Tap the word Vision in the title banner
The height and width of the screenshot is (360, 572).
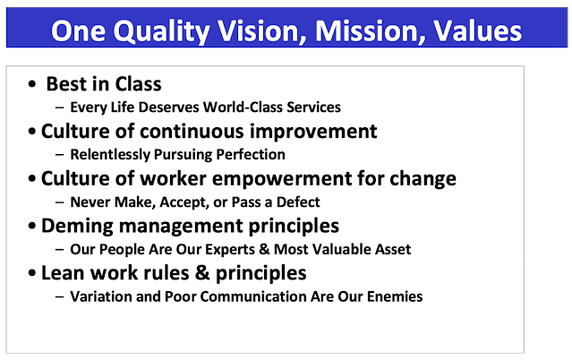tap(262, 31)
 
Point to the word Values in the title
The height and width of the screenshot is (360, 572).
tap(478, 30)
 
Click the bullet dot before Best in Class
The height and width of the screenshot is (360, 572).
tap(32, 84)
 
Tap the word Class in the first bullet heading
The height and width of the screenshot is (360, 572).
tap(138, 84)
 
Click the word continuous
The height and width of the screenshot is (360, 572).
tap(192, 131)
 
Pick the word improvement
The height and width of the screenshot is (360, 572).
tap(313, 131)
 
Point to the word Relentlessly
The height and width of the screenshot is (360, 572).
tap(110, 154)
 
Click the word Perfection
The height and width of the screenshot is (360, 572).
tap(251, 154)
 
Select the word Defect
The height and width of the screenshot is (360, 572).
tap(298, 201)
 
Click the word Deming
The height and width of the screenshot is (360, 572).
tap(77, 226)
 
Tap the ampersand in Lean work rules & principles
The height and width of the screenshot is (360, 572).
tap(202, 273)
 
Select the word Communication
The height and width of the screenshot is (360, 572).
tap(252, 296)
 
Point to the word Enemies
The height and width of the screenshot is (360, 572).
tap(395, 296)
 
